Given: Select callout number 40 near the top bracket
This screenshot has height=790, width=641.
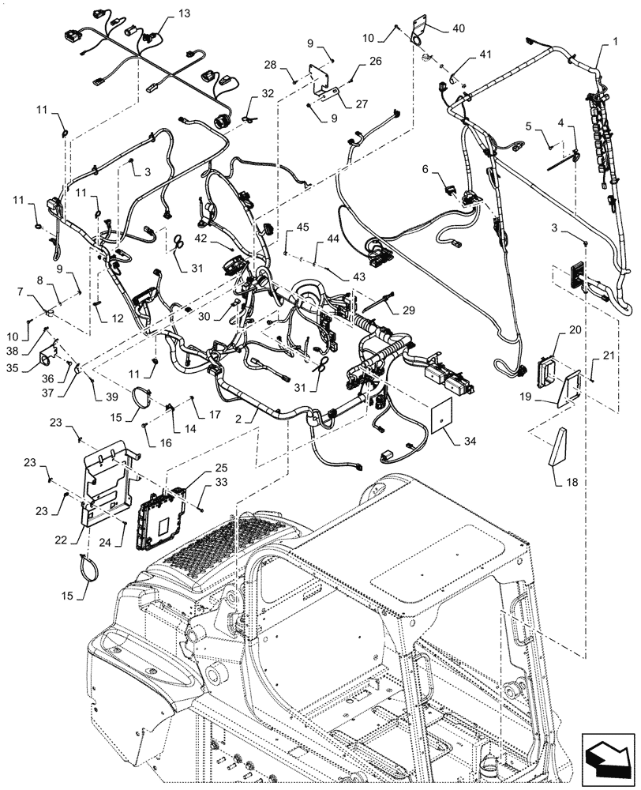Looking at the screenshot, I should point(459,28).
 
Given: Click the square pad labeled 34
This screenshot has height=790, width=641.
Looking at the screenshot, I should point(438,416).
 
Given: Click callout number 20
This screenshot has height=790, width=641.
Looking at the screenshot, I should point(575,328).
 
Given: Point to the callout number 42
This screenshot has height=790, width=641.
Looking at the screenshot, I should point(201,237).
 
